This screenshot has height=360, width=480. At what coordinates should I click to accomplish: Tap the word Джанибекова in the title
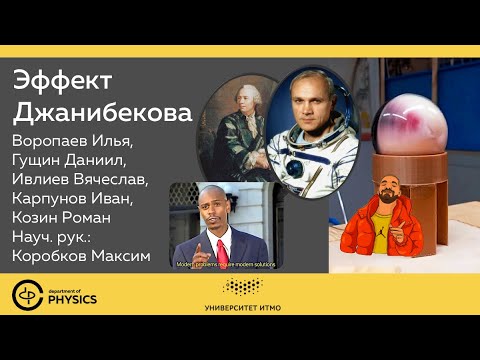pos(104,112)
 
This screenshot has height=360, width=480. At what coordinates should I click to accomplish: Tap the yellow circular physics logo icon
pos(27,295)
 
